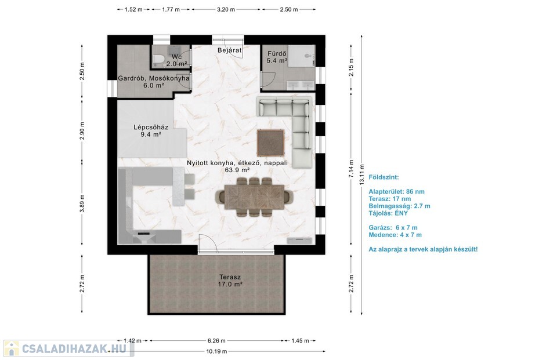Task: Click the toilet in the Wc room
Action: [x=158, y=59]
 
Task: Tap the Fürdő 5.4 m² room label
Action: [x=277, y=57]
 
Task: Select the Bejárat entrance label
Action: [x=230, y=50]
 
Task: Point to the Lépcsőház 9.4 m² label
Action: [x=151, y=130]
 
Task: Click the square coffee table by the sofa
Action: [x=271, y=143]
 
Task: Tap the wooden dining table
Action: [x=254, y=197]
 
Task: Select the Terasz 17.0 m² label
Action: [x=230, y=281]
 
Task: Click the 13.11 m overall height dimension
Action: [x=361, y=174]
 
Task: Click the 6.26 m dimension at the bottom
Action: [x=216, y=341]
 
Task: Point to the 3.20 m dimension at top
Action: [x=226, y=10]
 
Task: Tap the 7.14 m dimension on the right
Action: [x=351, y=169]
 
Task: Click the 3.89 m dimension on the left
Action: [x=82, y=203]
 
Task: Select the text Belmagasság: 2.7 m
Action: [x=399, y=206]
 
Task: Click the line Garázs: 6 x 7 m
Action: [x=393, y=228]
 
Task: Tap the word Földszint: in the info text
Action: [x=384, y=177]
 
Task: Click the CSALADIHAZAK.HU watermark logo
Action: [x=68, y=348]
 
